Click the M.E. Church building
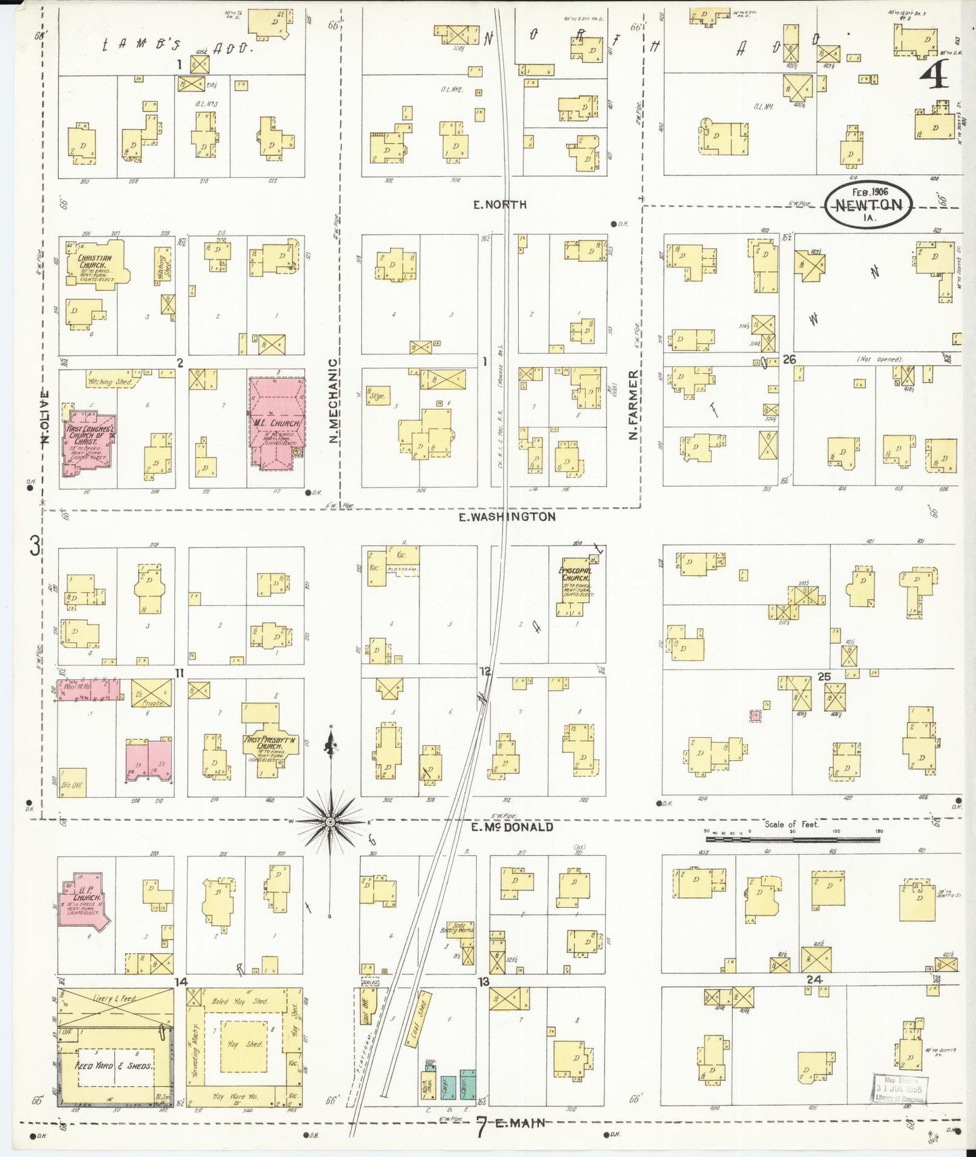pyautogui.click(x=276, y=421)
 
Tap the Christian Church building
pyautogui.click(x=95, y=265)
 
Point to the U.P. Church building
pyautogui.click(x=82, y=900)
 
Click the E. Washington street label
pyautogui.click(x=507, y=516)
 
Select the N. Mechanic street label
pyautogui.click(x=333, y=400)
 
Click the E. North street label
pyautogui.click(x=500, y=205)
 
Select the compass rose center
pyautogui.click(x=330, y=822)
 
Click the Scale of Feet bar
pyautogui.click(x=794, y=840)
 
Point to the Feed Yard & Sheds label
pyautogui.click(x=112, y=1065)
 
